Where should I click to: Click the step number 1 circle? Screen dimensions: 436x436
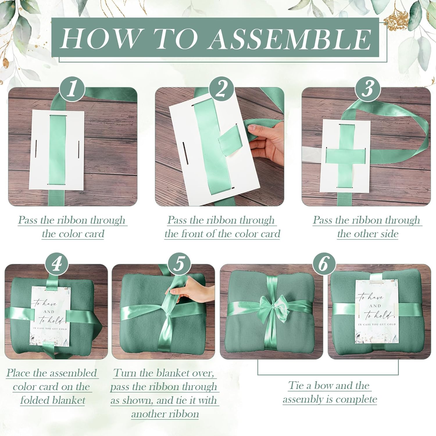[x=72, y=89]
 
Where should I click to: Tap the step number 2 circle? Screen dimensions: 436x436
[x=221, y=89]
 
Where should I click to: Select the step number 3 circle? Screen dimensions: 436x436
[x=368, y=89]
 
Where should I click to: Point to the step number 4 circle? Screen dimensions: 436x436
[x=56, y=265]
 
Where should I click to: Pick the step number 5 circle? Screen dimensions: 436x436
[x=179, y=265]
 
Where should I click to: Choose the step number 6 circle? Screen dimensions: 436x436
[x=324, y=265]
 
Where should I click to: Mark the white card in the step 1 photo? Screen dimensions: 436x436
[x=57, y=150]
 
